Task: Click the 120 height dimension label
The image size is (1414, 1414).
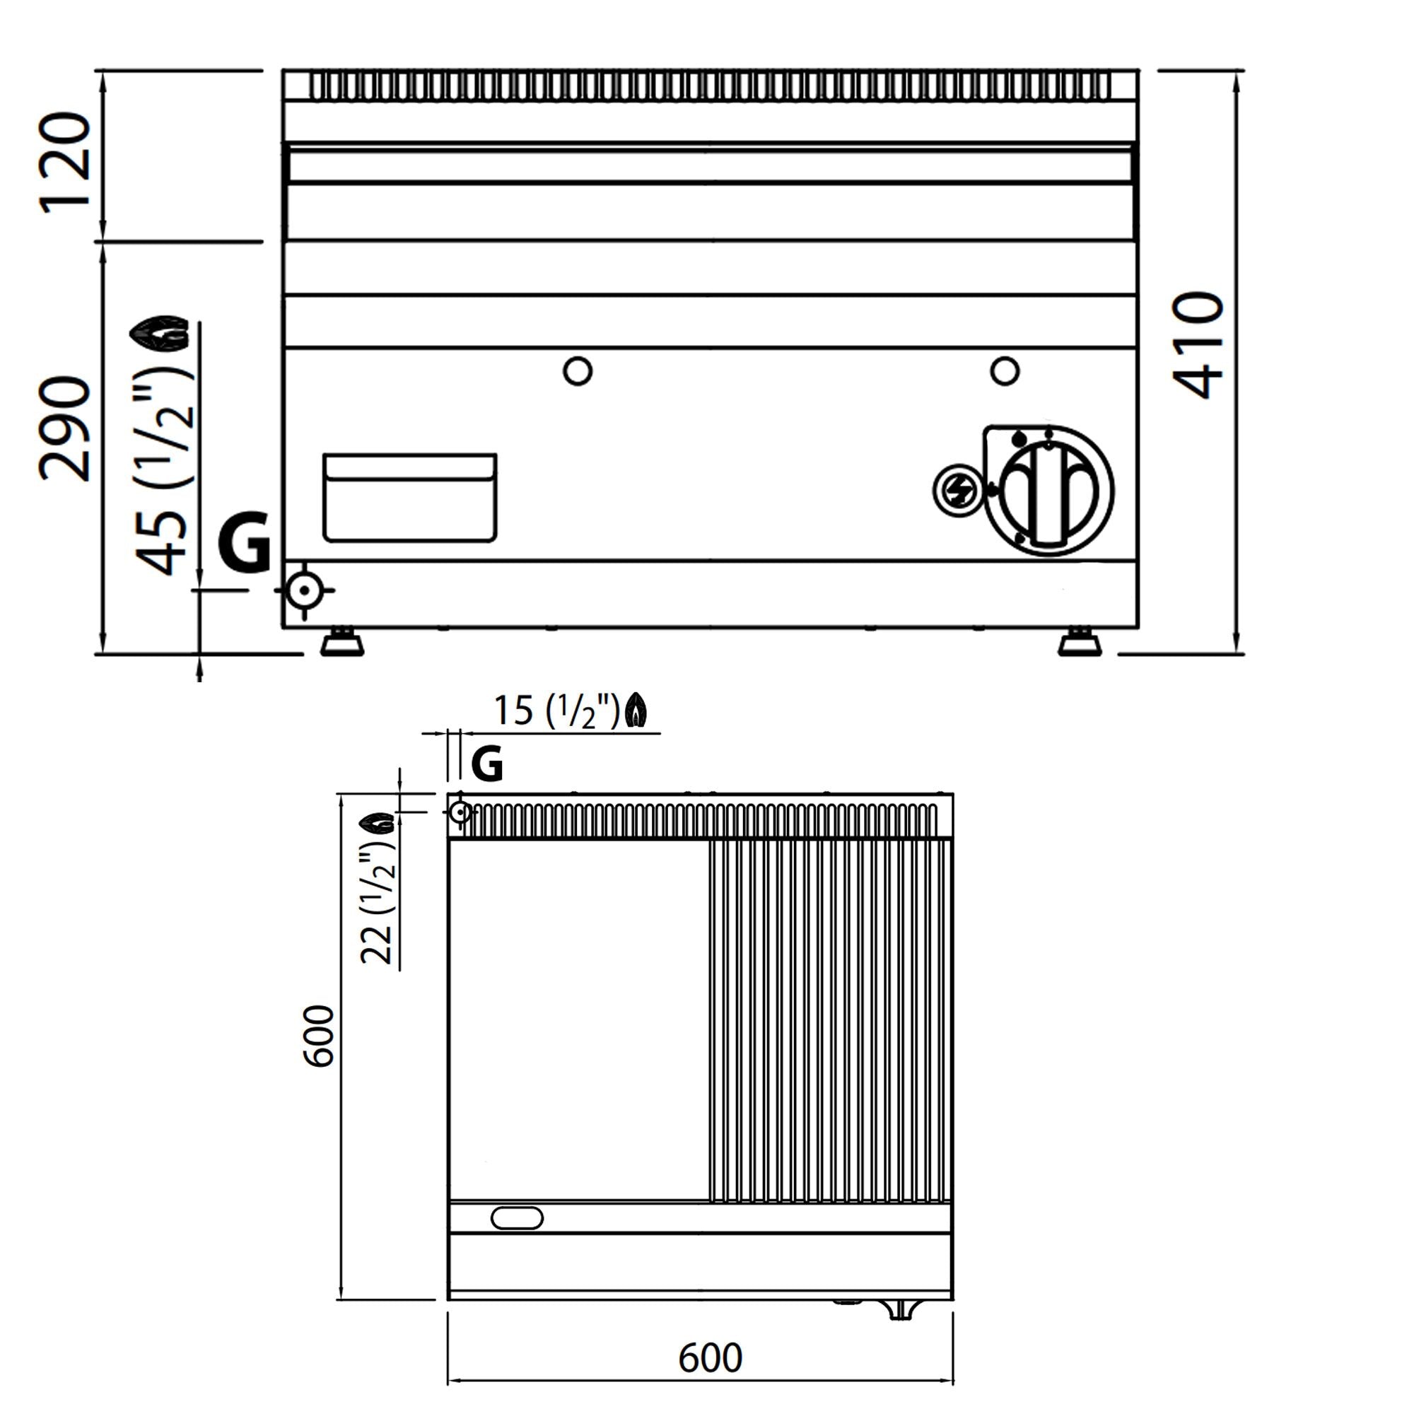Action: pos(66,163)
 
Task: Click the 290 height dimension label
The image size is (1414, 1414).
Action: pos(66,429)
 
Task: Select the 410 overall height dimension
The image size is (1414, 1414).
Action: pos(1198,345)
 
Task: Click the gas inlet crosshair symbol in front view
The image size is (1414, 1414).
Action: pos(304,590)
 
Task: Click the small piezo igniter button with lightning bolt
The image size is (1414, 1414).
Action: pos(957,491)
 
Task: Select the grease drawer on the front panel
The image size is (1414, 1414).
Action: pos(410,498)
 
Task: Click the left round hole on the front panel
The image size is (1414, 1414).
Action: pos(578,371)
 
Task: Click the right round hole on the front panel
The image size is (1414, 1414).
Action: pos(1004,370)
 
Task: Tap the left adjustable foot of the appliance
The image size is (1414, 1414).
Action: pos(341,643)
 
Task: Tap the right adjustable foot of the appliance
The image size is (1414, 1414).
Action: pos(1080,643)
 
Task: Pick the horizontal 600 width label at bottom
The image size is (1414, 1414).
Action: pos(710,1358)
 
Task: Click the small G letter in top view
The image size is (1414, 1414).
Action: pos(486,765)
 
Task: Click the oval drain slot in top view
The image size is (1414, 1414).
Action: pos(517,1218)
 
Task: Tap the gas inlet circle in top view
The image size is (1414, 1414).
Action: pos(460,812)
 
